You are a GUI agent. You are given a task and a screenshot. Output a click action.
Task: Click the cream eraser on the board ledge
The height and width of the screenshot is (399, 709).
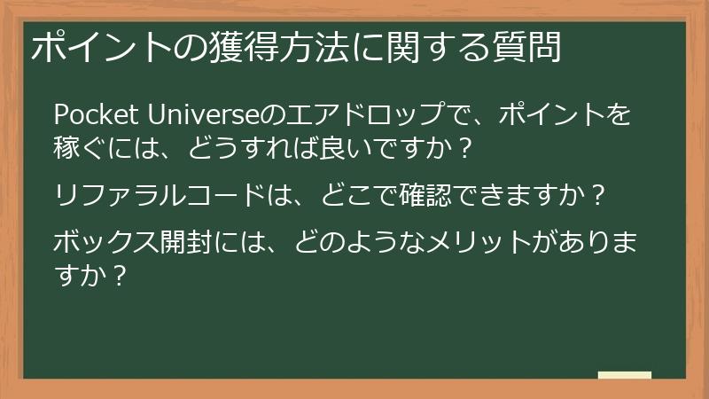(x=624, y=376)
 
